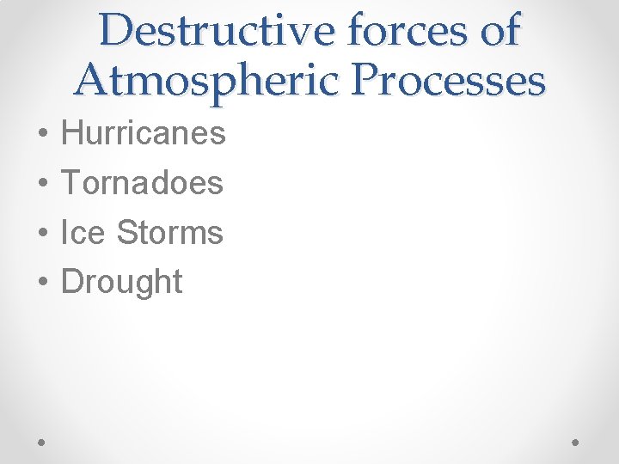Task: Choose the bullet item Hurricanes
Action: pyautogui.click(x=144, y=133)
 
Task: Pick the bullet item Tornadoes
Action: pyautogui.click(x=143, y=182)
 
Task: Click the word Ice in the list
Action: pyautogui.click(x=83, y=232)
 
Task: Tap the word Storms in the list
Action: pyautogui.click(x=169, y=232)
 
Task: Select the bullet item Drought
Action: pyautogui.click(x=122, y=282)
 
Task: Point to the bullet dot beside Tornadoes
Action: pyautogui.click(x=42, y=184)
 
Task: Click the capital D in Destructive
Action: pyautogui.click(x=117, y=31)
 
